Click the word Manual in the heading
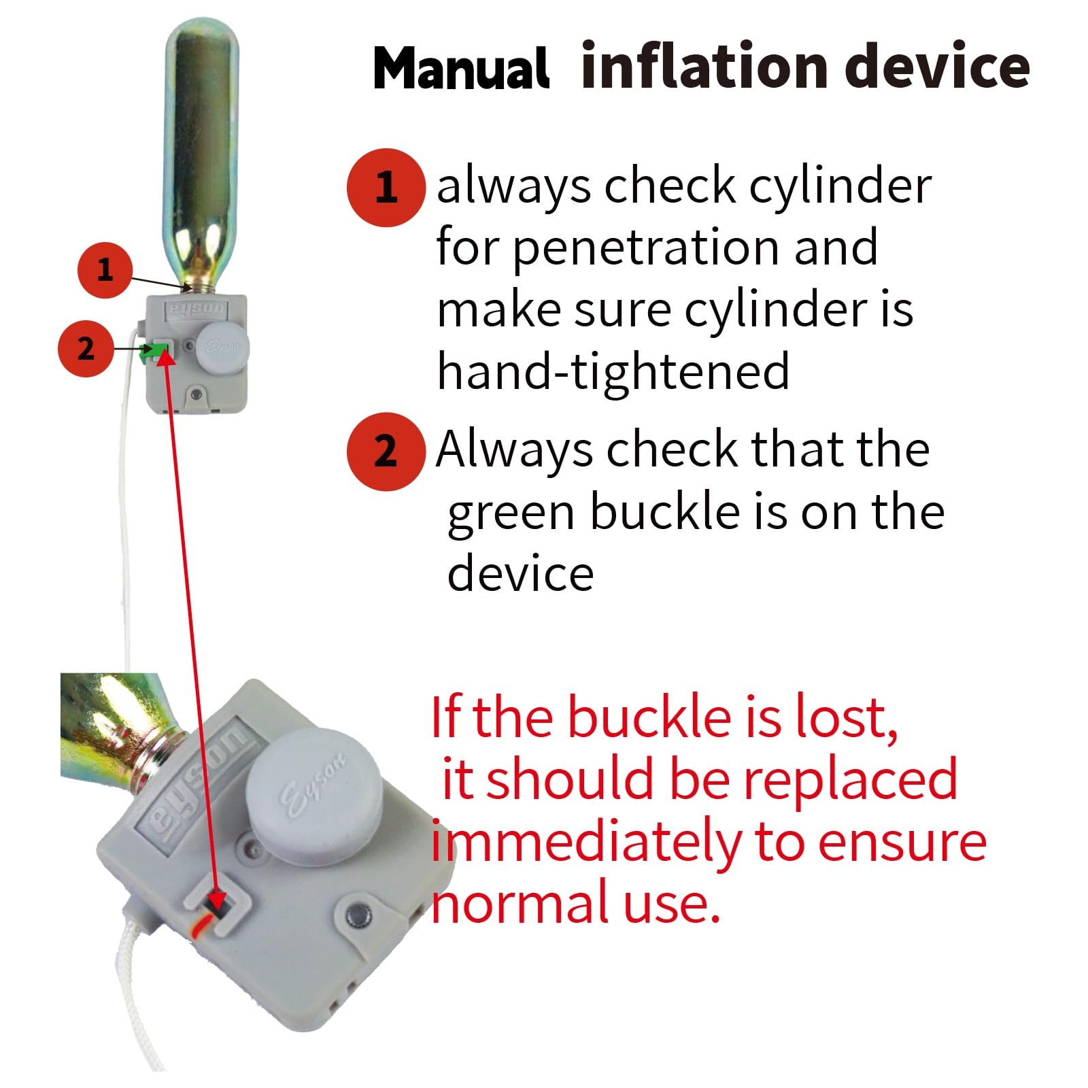(x=461, y=68)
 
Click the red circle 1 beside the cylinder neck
(x=105, y=270)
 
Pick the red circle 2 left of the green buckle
(x=86, y=349)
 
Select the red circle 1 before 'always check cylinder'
(x=386, y=188)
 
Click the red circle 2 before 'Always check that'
(x=386, y=452)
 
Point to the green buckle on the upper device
(x=150, y=352)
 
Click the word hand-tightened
(x=613, y=372)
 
